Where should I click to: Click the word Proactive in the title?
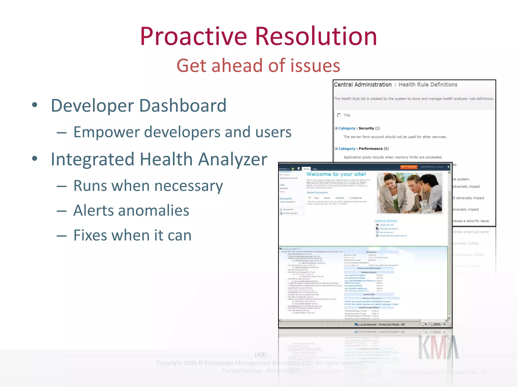coord(193,37)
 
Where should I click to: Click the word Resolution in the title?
coord(316,37)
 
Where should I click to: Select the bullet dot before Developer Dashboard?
coord(35,105)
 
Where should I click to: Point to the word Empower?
coord(106,132)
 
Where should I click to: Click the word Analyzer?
coord(232,159)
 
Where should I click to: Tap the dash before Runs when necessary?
coord(61,186)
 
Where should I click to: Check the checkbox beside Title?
coord(339,115)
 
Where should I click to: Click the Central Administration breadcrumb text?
coord(363,85)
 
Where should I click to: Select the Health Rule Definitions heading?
coord(428,85)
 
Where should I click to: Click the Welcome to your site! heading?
coord(336,174)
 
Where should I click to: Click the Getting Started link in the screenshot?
coord(385,221)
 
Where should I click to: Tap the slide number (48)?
coord(260,355)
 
